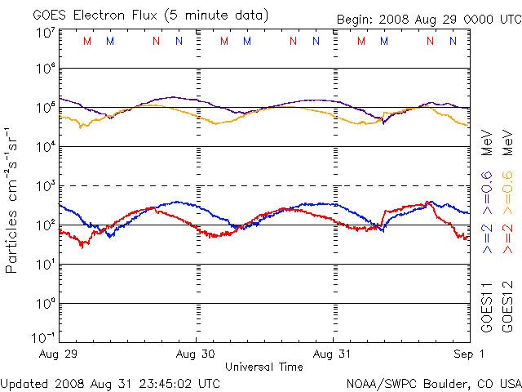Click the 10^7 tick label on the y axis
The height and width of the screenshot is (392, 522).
(x=45, y=33)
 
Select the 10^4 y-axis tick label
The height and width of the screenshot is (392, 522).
(x=45, y=147)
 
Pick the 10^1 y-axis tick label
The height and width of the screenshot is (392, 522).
(x=45, y=265)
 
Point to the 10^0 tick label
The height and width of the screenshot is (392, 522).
(x=45, y=304)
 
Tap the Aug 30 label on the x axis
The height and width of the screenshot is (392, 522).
(x=197, y=354)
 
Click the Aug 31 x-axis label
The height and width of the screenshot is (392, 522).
(x=334, y=354)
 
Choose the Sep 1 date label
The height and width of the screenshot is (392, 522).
(x=469, y=354)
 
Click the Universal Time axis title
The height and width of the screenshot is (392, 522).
(x=264, y=367)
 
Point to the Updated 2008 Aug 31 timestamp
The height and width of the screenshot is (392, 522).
(x=110, y=383)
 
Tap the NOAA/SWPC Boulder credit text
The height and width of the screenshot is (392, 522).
(x=433, y=383)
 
